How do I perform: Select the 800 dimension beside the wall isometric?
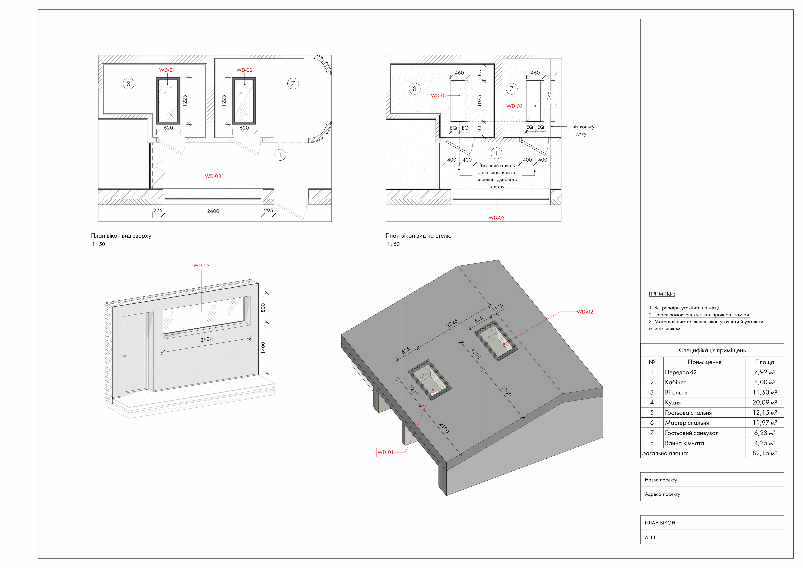(x=263, y=308)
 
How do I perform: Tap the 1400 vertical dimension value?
(x=263, y=348)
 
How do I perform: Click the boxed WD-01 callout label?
(x=386, y=452)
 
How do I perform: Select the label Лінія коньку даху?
(x=581, y=130)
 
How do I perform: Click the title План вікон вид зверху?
(x=121, y=236)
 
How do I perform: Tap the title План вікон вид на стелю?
(x=418, y=236)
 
